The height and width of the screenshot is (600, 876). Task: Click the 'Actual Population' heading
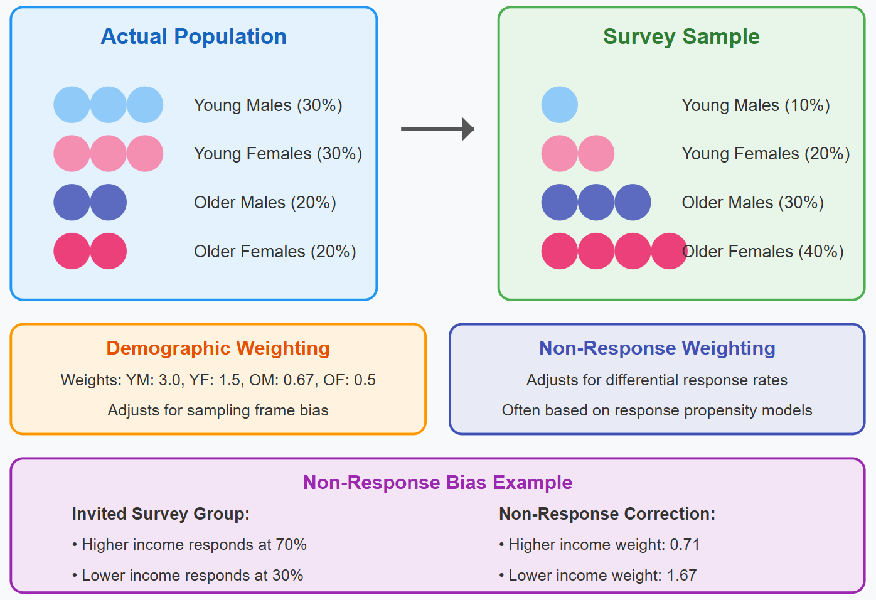[193, 37]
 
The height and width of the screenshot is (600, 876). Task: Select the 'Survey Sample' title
[681, 37]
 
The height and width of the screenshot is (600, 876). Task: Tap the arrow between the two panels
[437, 129]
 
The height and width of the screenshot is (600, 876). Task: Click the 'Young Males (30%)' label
[268, 105]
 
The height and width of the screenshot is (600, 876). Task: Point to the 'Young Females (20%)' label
[766, 154]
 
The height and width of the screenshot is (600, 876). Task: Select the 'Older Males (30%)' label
[753, 203]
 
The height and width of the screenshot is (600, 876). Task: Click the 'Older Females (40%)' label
[762, 252]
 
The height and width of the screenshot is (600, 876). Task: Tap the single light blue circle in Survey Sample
[560, 105]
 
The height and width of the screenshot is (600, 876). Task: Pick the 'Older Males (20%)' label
[265, 203]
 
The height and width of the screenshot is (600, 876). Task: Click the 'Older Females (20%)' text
[275, 252]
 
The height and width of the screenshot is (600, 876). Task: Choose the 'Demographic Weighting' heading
[218, 348]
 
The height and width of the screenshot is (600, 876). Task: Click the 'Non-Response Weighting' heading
[657, 348]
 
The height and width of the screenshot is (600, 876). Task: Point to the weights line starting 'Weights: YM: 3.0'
[218, 380]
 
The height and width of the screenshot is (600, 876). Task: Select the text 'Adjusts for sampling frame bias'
[218, 410]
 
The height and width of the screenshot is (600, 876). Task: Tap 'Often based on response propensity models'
[657, 410]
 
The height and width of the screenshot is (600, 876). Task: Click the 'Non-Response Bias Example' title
[437, 482]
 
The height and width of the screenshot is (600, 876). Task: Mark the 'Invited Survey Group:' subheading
[161, 514]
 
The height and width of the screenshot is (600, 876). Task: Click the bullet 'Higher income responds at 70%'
[190, 545]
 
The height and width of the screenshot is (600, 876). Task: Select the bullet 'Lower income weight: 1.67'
[598, 576]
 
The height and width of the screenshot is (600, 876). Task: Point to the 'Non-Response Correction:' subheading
[607, 514]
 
